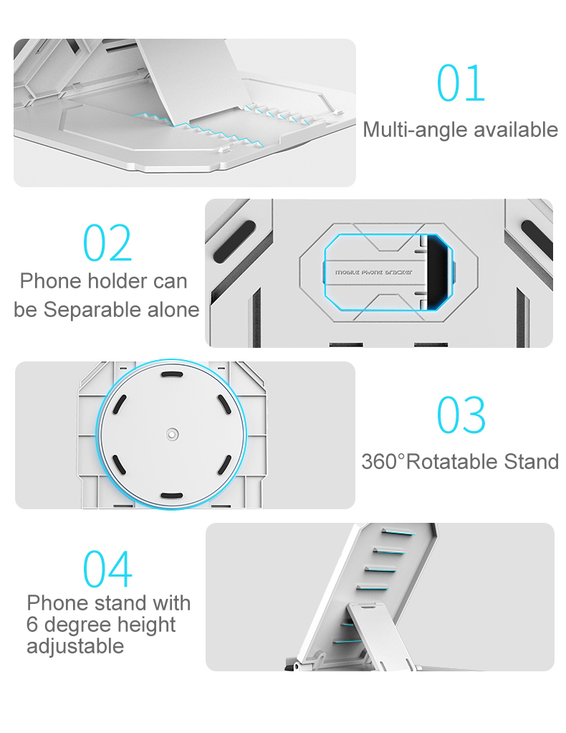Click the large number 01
(461, 83)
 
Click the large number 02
(107, 242)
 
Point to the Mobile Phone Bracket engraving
(373, 272)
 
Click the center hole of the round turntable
(173, 435)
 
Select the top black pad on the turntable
(172, 374)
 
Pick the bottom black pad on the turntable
(172, 496)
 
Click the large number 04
(107, 569)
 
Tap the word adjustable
(75, 646)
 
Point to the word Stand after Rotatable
(531, 462)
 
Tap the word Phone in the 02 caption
(51, 281)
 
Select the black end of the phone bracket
(439, 272)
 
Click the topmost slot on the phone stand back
(398, 532)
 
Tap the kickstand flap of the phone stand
(378, 635)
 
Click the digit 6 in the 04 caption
(32, 624)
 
